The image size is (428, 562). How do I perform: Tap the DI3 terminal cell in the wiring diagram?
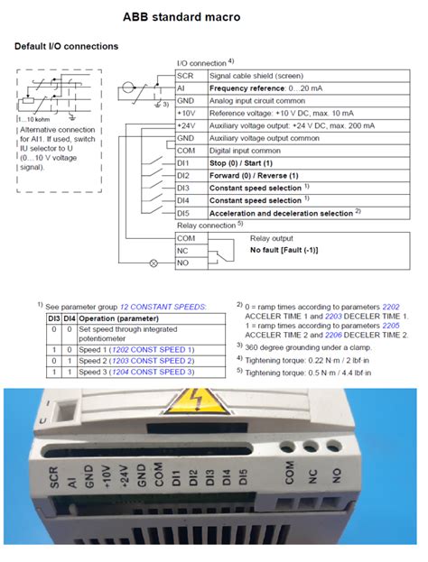click(x=187, y=188)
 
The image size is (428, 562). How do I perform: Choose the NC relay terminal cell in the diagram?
click(x=186, y=250)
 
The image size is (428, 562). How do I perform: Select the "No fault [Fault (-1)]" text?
click(x=287, y=250)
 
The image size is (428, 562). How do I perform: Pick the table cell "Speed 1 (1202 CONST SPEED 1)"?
click(x=136, y=349)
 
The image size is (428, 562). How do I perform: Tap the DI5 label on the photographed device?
click(x=247, y=482)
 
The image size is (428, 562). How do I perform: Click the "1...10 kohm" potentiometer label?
click(x=34, y=120)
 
